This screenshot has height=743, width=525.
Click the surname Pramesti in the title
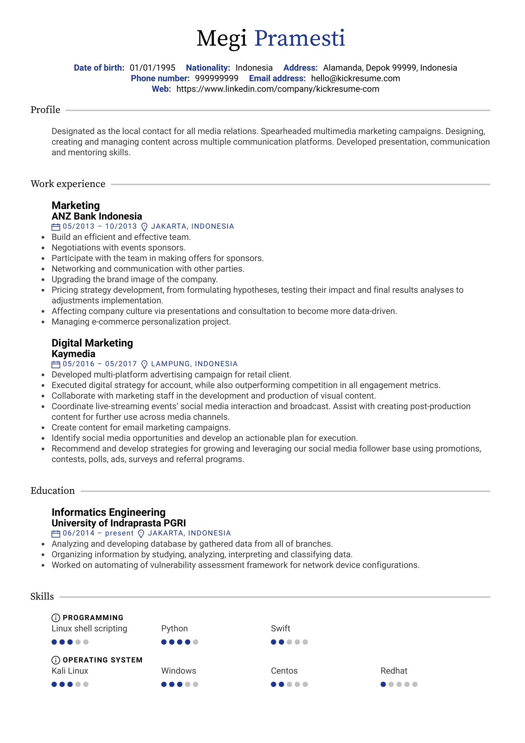[x=299, y=38]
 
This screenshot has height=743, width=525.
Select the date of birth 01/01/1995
[x=152, y=68]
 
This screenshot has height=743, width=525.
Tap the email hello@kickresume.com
[x=355, y=78]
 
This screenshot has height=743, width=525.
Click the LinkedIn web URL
[x=278, y=89]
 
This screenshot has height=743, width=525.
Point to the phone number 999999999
[x=216, y=78]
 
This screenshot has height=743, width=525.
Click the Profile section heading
[x=45, y=110]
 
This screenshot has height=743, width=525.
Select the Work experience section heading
[x=68, y=184]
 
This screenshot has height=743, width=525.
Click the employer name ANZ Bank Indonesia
[x=97, y=216]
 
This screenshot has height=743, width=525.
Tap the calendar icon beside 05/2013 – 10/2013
[x=56, y=227]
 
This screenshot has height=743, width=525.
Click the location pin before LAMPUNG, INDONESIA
[x=144, y=364]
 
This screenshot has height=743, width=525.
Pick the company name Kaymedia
[x=73, y=354]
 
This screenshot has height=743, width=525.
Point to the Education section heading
[x=53, y=491]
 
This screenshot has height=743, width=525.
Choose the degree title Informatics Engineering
[x=108, y=512]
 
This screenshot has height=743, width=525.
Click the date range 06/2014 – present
[x=98, y=533]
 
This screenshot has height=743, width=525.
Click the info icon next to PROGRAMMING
[x=56, y=618]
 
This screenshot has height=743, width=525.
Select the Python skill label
[x=174, y=628]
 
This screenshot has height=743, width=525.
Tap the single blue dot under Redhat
[x=383, y=684]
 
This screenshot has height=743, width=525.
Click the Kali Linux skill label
[x=70, y=671]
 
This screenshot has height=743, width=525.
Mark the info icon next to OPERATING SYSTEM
[x=56, y=660]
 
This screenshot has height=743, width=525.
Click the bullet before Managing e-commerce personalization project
[x=43, y=322]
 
